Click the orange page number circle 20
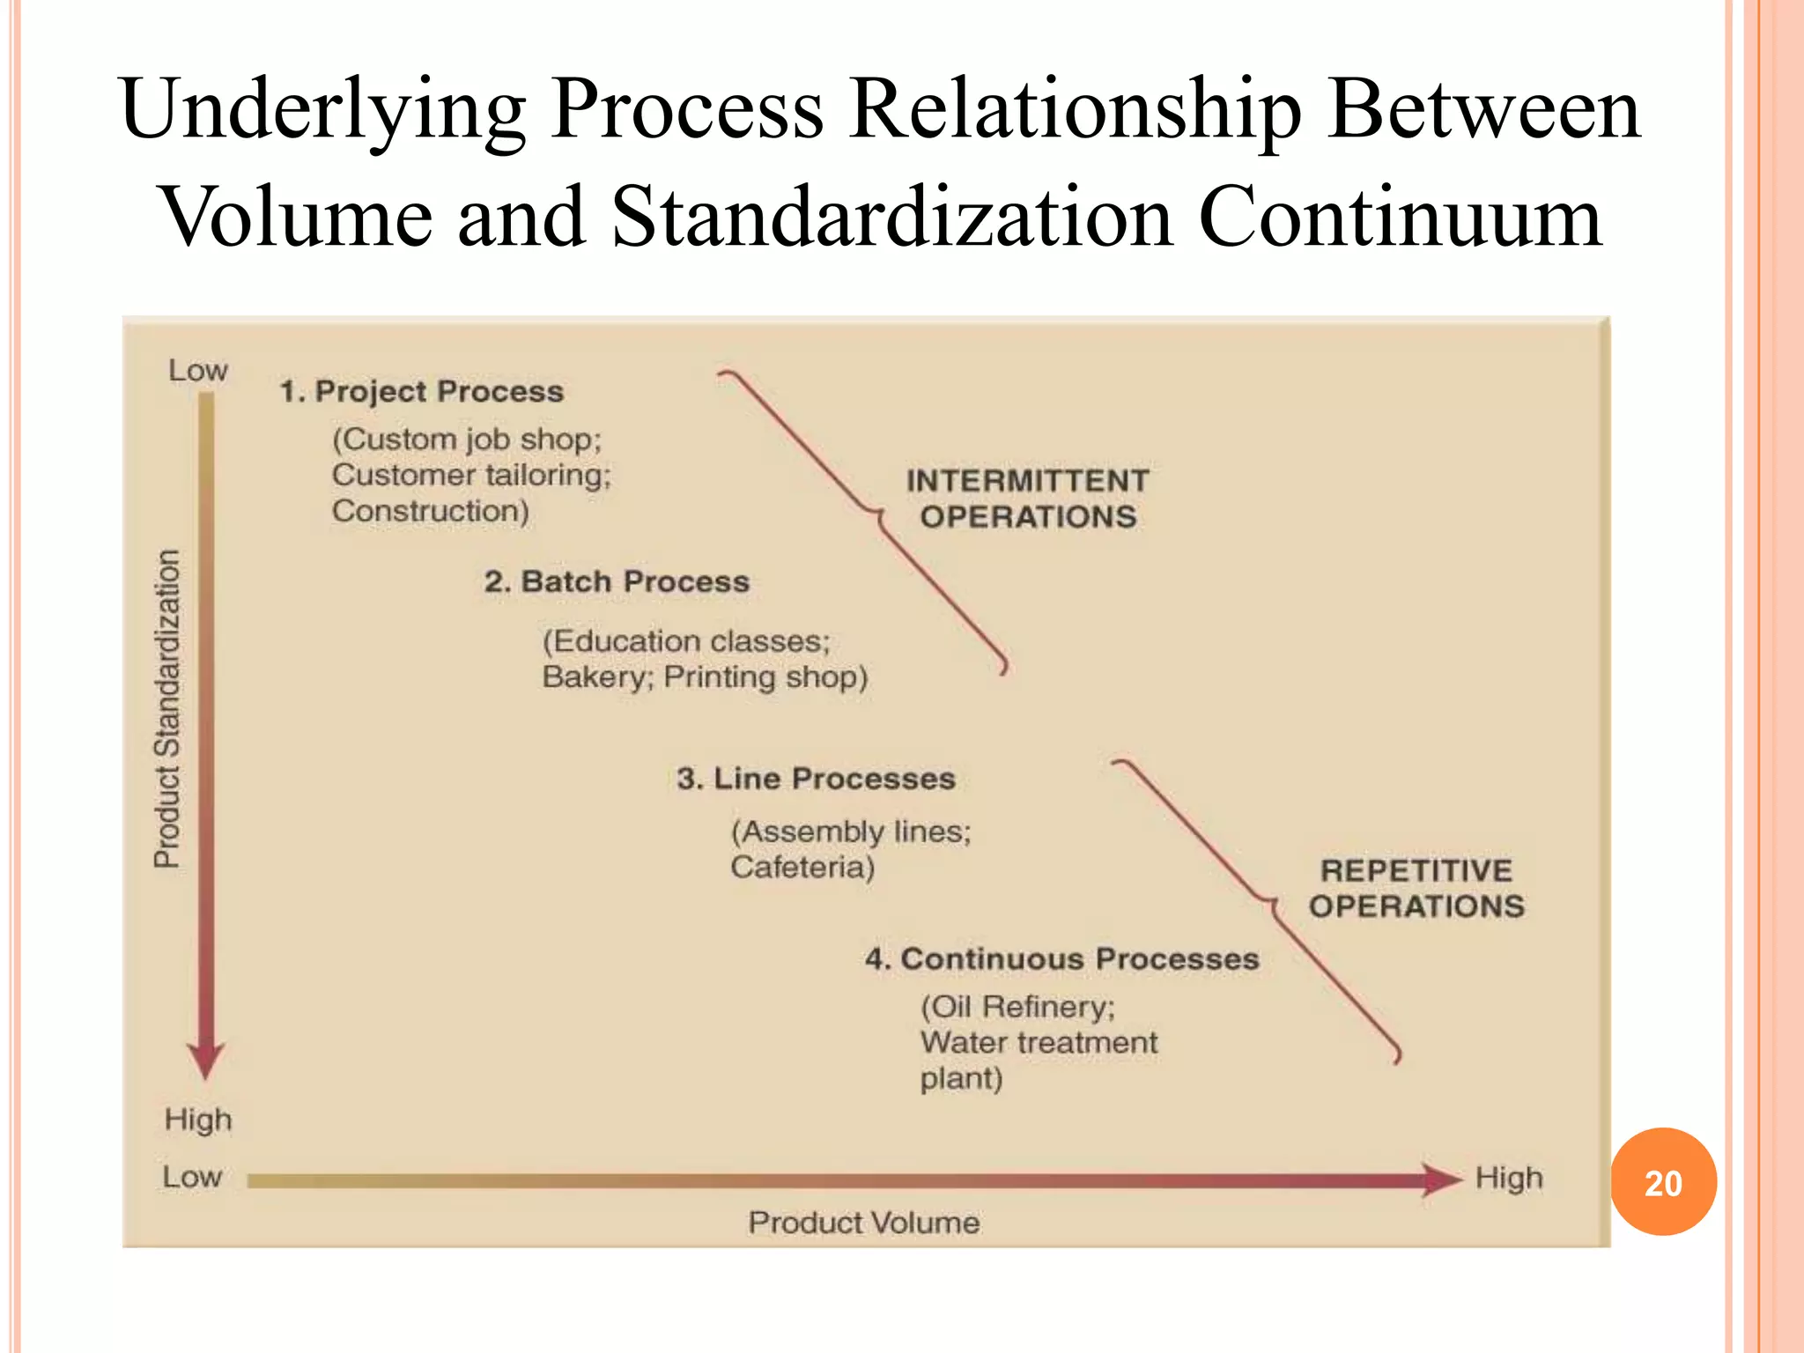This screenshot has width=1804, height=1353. pyautogui.click(x=1663, y=1182)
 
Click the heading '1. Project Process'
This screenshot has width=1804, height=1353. pyautogui.click(x=422, y=391)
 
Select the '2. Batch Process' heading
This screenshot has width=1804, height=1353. pyautogui.click(x=617, y=581)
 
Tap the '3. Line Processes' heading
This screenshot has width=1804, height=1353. pyautogui.click(x=816, y=779)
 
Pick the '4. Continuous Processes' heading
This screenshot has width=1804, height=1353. pyautogui.click(x=1061, y=958)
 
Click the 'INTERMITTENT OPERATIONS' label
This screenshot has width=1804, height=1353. pyautogui.click(x=1028, y=499)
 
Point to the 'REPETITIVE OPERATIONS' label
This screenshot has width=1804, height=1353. pyautogui.click(x=1416, y=888)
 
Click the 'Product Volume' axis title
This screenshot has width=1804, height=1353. pyautogui.click(x=863, y=1223)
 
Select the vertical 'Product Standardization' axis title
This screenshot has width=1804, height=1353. pyautogui.click(x=167, y=709)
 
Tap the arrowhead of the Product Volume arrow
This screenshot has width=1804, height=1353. pyautogui.click(x=1443, y=1179)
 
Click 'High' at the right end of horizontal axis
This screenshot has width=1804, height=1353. pyautogui.click(x=1509, y=1178)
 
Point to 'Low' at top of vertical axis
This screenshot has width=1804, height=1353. pyautogui.click(x=198, y=370)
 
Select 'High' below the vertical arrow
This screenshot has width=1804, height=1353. pyautogui.click(x=198, y=1120)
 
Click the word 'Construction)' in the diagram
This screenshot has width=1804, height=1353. pyautogui.click(x=431, y=511)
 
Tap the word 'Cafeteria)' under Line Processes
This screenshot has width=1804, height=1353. pyautogui.click(x=802, y=868)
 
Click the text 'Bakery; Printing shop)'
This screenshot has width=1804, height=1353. pyautogui.click(x=705, y=677)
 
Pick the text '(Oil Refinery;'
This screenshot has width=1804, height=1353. pyautogui.click(x=1017, y=1007)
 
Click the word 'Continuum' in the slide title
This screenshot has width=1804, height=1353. pyautogui.click(x=1400, y=217)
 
